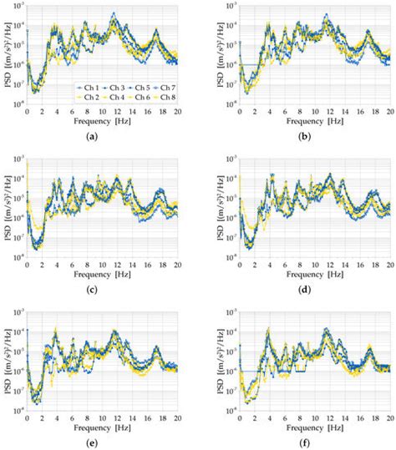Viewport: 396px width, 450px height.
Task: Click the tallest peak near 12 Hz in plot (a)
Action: (x=114, y=14)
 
